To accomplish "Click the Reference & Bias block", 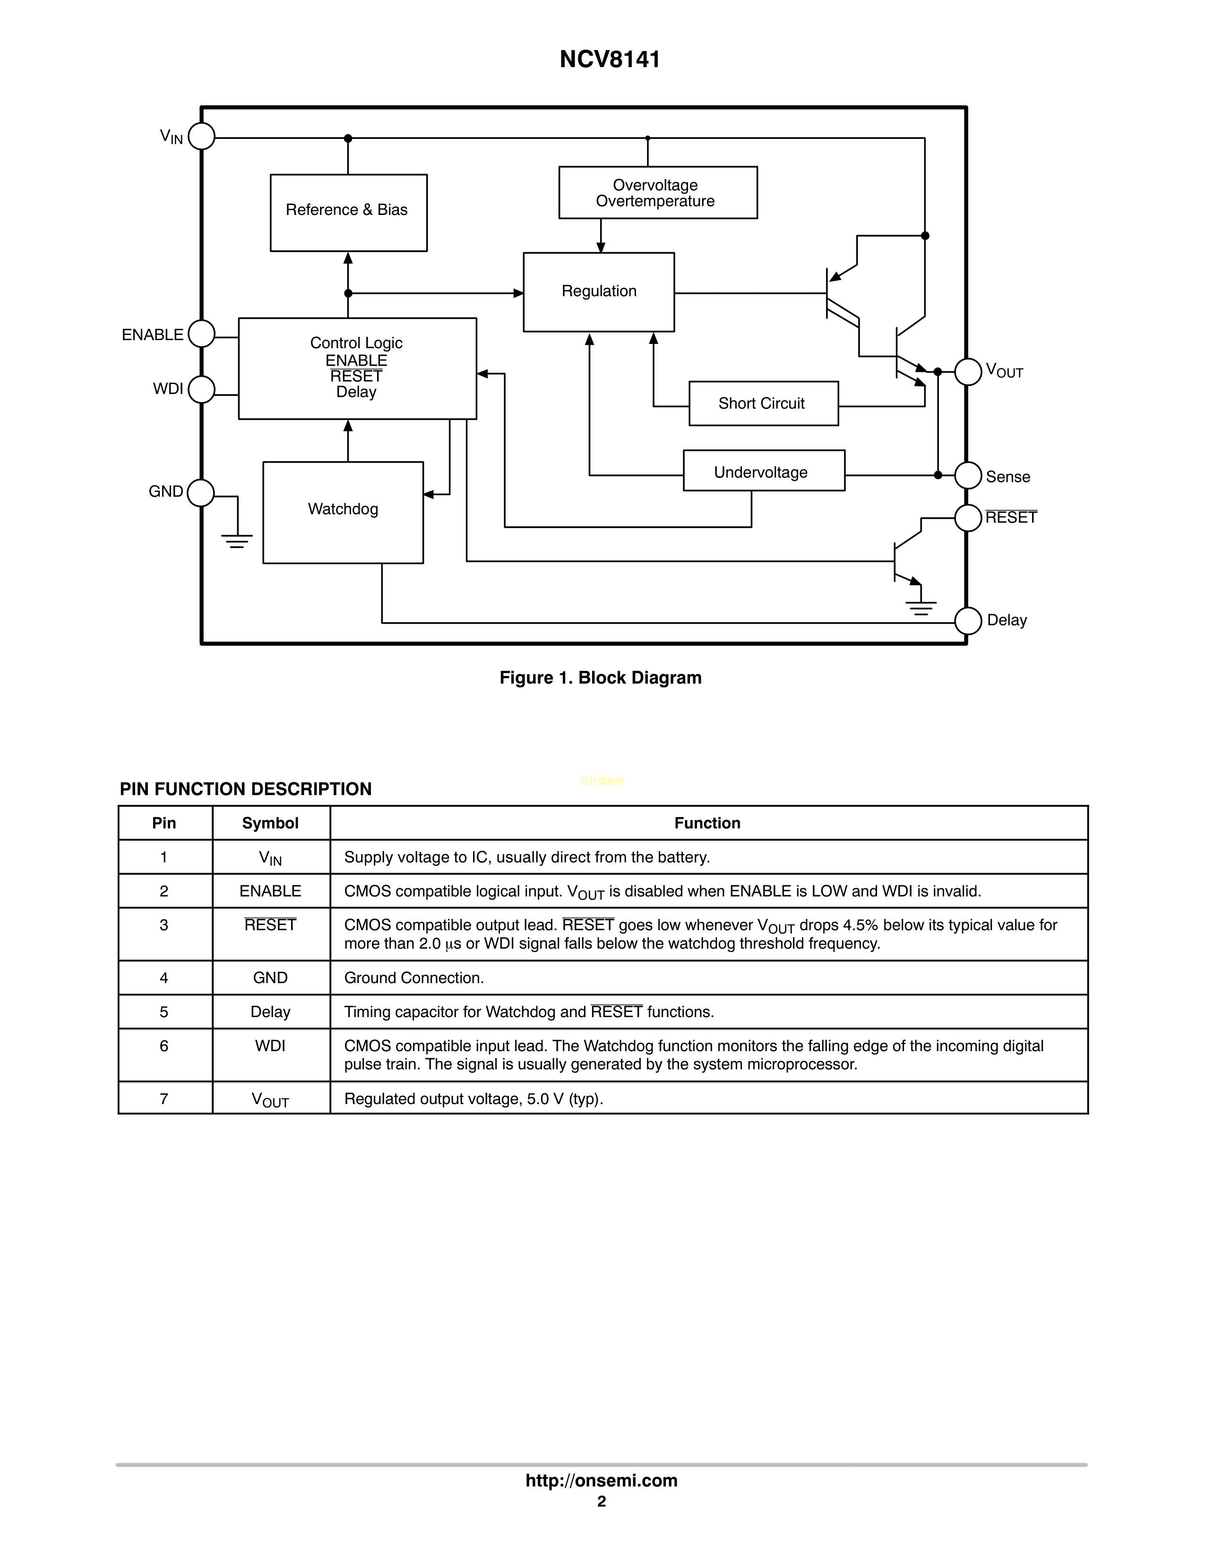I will (348, 212).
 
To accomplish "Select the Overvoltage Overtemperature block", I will (657, 193).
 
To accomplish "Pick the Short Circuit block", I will (763, 403).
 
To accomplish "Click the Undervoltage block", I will (763, 471).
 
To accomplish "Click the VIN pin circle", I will (201, 137).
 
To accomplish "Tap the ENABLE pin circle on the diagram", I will (201, 334).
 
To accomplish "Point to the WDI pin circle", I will (201, 389).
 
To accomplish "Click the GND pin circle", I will (200, 493).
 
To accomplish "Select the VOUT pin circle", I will (968, 372).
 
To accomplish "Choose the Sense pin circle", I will (968, 475).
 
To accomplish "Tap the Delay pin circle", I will (968, 620).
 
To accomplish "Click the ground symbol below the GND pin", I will (237, 540).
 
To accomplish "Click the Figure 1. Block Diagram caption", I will (600, 677).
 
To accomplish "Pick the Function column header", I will (707, 823).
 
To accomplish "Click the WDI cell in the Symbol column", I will (270, 1046).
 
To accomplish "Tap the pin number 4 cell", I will (164, 978).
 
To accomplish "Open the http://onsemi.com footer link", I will (601, 1481).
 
